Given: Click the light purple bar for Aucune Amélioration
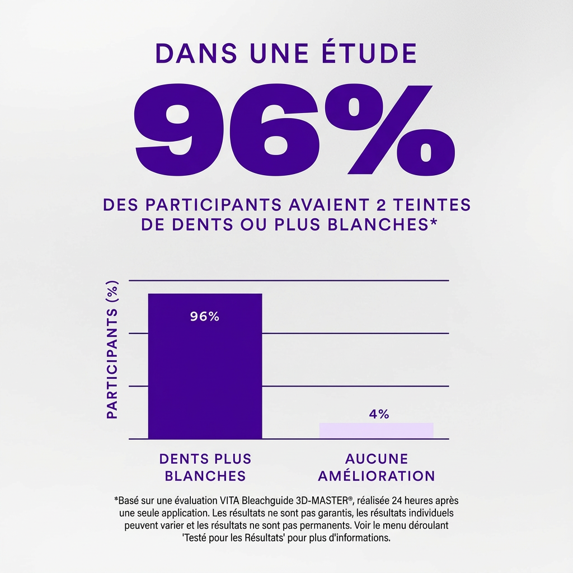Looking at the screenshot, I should click(376, 430).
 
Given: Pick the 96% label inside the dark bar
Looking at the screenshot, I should click(205, 317).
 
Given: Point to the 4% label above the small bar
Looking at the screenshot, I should click(379, 414).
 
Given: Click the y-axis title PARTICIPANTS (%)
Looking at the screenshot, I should click(112, 350).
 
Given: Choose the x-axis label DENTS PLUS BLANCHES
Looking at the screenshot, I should click(205, 467).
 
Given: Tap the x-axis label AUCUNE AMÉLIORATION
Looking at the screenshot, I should click(376, 467).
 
